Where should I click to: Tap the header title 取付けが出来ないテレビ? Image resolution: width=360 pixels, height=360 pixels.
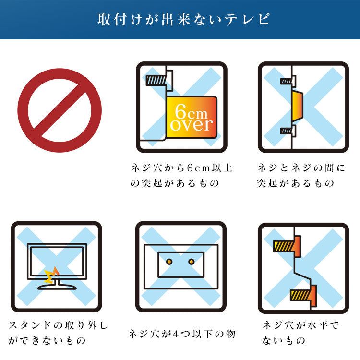[183, 19]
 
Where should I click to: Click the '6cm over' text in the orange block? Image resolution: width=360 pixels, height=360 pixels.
[191, 118]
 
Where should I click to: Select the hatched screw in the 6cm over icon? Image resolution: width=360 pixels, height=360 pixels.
[156, 80]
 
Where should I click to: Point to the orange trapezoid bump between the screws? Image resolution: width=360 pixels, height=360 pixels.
[297, 106]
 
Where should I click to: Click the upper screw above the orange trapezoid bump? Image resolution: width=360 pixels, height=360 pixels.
[287, 81]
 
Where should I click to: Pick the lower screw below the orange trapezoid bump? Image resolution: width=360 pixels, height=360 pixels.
[287, 131]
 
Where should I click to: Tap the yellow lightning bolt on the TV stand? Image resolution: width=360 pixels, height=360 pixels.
[51, 275]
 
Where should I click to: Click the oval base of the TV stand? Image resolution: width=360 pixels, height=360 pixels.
[57, 287]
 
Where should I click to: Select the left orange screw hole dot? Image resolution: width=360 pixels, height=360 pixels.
[169, 262]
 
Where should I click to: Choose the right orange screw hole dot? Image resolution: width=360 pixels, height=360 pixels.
[191, 262]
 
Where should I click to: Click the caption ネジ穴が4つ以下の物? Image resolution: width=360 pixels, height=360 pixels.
[181, 334]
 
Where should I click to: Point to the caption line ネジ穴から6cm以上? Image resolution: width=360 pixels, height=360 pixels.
[181, 168]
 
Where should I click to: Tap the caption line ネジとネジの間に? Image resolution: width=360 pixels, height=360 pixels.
[301, 168]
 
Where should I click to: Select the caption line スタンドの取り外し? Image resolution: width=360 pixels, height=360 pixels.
[58, 325]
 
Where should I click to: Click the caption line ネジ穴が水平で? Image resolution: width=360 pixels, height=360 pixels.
[300, 325]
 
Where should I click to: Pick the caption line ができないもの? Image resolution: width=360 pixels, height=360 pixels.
[47, 340]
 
